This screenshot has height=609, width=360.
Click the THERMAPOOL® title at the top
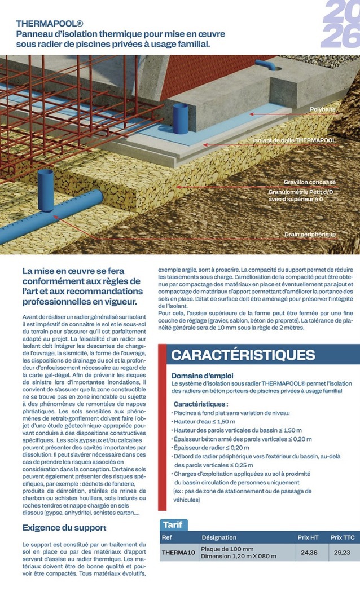[x=50, y=24]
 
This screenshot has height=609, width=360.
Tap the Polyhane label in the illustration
[x=322, y=110]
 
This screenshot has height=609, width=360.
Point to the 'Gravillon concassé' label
[x=309, y=182]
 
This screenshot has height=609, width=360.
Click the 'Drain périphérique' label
[x=310, y=234]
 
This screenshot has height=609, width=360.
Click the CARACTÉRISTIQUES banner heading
[x=243, y=355]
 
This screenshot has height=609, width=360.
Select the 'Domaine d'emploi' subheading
[x=202, y=376]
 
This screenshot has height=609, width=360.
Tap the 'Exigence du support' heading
[x=64, y=528]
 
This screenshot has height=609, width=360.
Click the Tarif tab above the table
[x=173, y=525]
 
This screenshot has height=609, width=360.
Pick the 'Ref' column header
[x=167, y=537]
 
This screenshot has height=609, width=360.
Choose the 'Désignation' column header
[x=219, y=537]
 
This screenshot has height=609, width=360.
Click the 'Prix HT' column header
[x=309, y=537]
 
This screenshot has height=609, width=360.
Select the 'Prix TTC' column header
[x=342, y=537]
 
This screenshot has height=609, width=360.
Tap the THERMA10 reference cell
[x=178, y=553]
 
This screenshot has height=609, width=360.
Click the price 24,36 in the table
[x=309, y=553]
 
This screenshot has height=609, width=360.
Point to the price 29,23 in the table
[x=342, y=553]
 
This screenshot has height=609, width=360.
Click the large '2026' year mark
[x=340, y=24]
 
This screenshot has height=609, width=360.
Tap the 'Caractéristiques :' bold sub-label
[x=200, y=404]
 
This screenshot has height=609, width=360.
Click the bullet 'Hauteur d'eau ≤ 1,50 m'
[x=205, y=421]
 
